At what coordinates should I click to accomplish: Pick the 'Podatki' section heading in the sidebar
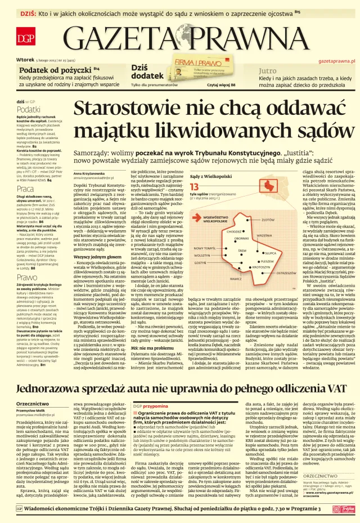click(29, 109)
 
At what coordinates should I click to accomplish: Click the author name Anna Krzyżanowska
click(93, 173)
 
